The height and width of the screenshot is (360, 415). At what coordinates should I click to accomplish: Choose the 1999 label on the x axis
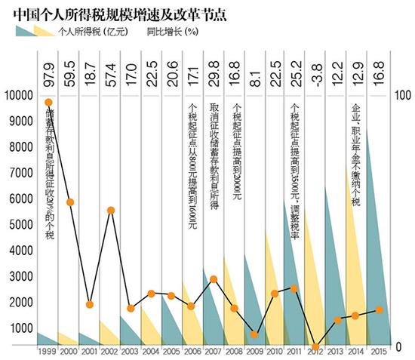click(48, 351)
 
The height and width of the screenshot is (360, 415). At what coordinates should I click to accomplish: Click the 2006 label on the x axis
click(192, 351)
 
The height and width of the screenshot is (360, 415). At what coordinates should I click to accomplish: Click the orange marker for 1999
click(48, 102)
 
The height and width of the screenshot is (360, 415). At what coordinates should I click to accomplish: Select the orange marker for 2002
click(110, 211)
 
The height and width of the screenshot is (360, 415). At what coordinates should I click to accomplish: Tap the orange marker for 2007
click(214, 279)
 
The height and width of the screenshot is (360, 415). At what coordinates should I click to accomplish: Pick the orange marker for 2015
click(379, 310)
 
